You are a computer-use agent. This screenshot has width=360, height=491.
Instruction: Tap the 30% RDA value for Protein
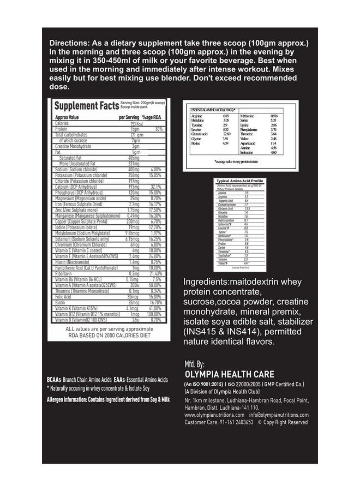[159, 129]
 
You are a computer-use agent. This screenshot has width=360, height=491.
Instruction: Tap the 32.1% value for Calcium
[157, 186]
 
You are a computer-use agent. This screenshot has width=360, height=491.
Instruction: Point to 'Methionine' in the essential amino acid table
[246, 116]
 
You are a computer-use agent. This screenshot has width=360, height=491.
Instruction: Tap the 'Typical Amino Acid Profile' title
[240, 181]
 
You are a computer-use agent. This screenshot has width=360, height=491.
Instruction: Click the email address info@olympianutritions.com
[281, 415]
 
